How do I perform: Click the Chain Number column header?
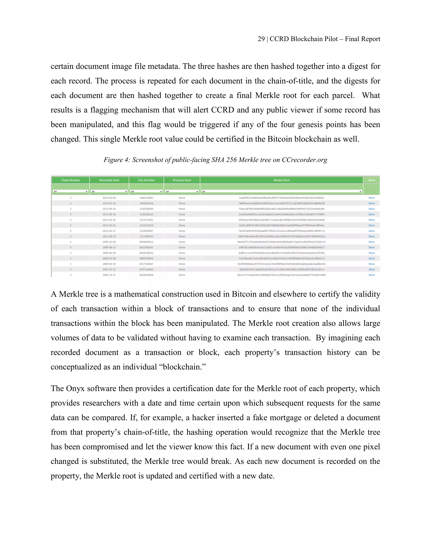click(x=71, y=180)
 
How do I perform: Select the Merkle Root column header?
click(x=281, y=180)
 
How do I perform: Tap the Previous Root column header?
click(x=182, y=180)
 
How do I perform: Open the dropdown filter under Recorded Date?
click(x=109, y=191)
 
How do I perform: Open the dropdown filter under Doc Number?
click(x=146, y=191)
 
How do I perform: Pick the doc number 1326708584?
click(x=146, y=209)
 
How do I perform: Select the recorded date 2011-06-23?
click(x=109, y=236)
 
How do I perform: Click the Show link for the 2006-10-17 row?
click(x=371, y=275)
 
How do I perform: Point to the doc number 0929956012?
click(x=146, y=242)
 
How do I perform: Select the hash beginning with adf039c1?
click(x=281, y=247)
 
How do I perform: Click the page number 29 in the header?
click(x=261, y=39)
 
